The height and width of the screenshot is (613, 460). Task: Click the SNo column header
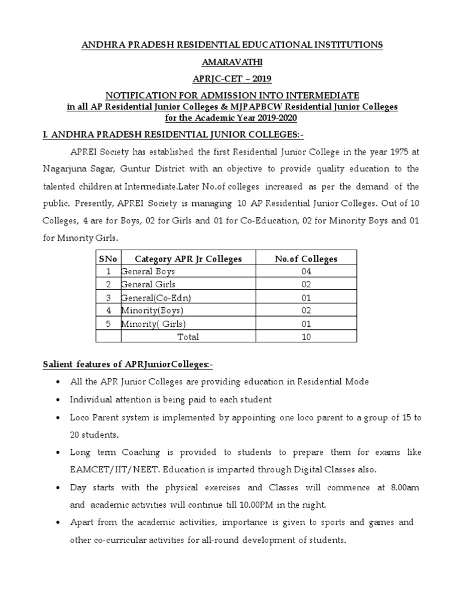(108, 259)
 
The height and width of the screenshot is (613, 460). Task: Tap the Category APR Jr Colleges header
(188, 259)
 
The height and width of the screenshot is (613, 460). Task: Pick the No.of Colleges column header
(305, 259)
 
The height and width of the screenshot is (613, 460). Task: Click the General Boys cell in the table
(148, 271)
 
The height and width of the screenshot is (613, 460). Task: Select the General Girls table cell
(148, 284)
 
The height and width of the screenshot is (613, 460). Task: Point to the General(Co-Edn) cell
(152, 298)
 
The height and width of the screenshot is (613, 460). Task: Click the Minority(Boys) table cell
(152, 311)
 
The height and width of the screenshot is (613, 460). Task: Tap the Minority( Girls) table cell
(153, 324)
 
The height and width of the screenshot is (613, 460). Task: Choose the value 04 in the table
(306, 271)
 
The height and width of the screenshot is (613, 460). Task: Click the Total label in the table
(188, 337)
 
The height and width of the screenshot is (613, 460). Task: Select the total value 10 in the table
(306, 337)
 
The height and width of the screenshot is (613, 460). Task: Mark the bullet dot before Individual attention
(56, 400)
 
